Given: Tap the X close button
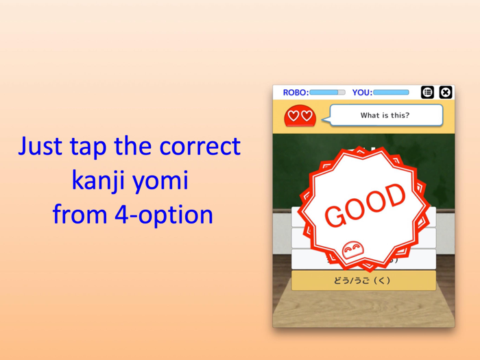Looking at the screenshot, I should (446, 92).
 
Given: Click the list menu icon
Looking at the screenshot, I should (427, 92).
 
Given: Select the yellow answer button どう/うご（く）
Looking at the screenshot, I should (363, 280).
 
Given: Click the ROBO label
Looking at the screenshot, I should (295, 93).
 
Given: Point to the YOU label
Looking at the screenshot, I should (361, 93).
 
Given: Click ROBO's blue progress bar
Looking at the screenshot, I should (327, 93).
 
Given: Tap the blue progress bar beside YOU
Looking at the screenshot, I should (391, 93).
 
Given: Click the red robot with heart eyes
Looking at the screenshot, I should (300, 116).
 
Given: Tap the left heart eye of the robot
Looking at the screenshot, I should (293, 116).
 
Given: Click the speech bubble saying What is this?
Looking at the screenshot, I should (385, 115).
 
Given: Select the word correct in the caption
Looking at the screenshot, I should (200, 146).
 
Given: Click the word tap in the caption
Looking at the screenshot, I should (88, 147).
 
